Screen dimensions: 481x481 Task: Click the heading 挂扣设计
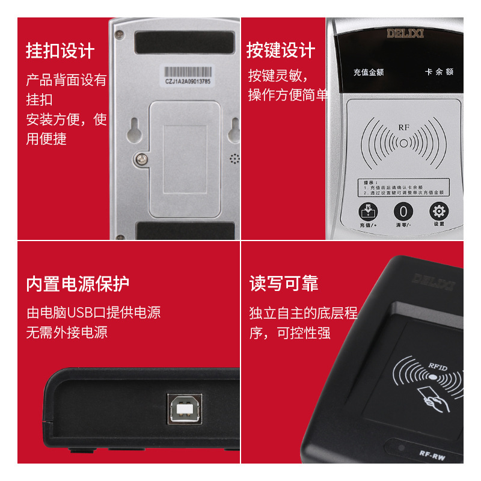click(60, 51)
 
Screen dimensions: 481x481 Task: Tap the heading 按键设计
click(281, 51)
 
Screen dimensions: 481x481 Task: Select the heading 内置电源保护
click(78, 284)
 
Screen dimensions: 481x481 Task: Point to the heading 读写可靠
click(284, 284)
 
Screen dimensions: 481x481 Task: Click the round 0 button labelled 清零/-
click(403, 212)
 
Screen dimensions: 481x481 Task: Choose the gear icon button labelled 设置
click(438, 211)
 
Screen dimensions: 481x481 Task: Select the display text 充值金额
click(368, 72)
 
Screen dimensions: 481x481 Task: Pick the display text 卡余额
click(439, 72)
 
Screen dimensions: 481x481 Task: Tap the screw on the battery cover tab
click(142, 159)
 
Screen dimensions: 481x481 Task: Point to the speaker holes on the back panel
click(234, 159)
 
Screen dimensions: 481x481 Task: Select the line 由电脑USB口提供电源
click(93, 313)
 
